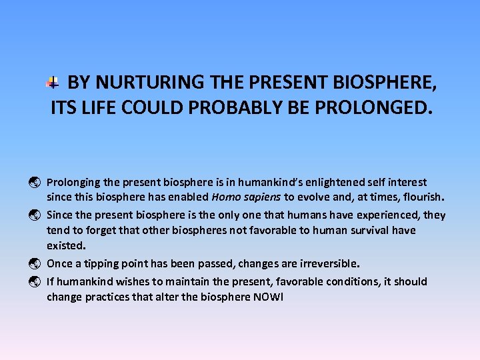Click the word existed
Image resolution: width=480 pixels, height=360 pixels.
pyautogui.click(x=65, y=245)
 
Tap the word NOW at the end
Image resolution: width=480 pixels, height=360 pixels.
pyautogui.click(x=267, y=297)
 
